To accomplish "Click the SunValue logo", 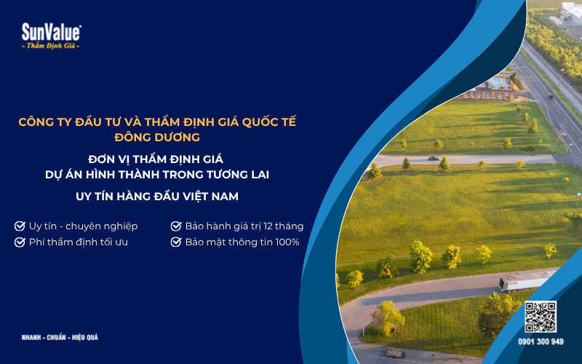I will [x=51, y=31].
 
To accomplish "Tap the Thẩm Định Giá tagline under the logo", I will [x=51, y=46].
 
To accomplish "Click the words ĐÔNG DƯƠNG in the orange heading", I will [x=157, y=136].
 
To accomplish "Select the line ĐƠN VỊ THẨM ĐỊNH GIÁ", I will [x=157, y=157].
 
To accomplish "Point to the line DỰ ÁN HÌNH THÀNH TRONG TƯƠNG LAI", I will [x=157, y=173].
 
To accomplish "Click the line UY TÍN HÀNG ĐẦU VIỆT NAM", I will [x=157, y=197].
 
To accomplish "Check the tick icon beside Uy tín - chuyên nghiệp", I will [x=20, y=226].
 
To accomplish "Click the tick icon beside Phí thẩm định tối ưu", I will [x=20, y=242].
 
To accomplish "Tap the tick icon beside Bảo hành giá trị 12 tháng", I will [x=175, y=226].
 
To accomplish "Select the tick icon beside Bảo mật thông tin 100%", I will [x=175, y=242].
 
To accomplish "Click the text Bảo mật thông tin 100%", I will [x=242, y=242].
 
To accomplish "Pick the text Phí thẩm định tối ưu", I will [x=79, y=242].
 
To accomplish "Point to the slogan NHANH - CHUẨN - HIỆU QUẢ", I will [x=60, y=338].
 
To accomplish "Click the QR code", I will [x=541, y=317].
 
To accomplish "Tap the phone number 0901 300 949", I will [x=541, y=341].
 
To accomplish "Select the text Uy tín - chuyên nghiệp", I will [x=83, y=226].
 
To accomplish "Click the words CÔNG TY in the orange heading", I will [x=41, y=122].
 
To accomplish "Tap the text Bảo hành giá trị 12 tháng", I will [x=244, y=226].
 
